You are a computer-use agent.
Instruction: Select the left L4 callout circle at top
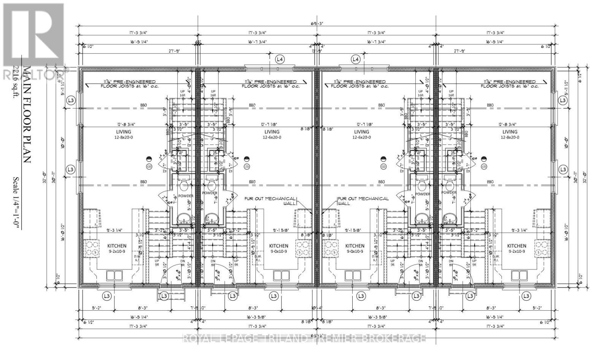tap(280, 59)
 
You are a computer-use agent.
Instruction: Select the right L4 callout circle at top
tap(355, 59)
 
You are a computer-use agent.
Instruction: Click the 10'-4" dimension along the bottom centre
tap(314, 308)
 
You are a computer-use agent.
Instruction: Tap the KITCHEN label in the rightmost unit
tap(516, 246)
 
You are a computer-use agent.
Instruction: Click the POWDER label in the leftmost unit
tap(186, 196)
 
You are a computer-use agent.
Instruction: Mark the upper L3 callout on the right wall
tap(563, 100)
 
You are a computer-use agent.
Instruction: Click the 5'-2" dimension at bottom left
tap(90, 308)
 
